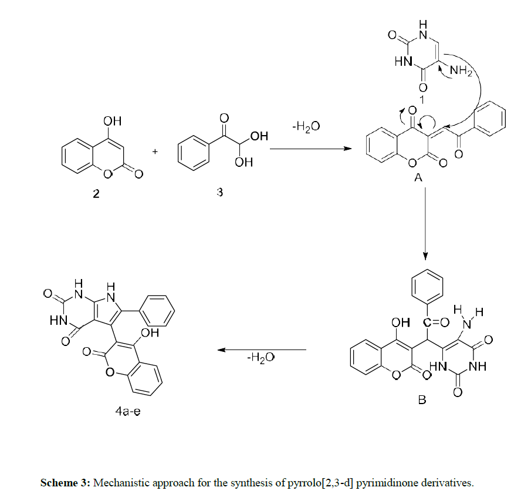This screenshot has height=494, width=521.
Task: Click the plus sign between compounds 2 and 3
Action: tap(155, 151)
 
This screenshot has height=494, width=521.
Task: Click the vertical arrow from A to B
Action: tap(427, 223)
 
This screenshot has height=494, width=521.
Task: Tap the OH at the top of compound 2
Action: tap(111, 121)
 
